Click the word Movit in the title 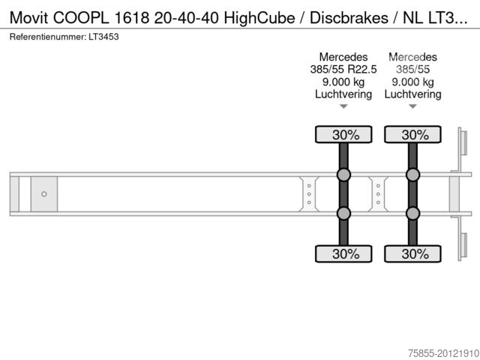pos(28,17)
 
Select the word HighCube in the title pos(259,18)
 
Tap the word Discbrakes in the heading pos(349,18)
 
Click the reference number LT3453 pos(103,37)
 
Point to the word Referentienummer pos(48,37)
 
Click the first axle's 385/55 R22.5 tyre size pos(343,70)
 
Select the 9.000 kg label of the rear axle pos(412,82)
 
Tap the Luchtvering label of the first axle pos(343,94)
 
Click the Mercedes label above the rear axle pos(412,57)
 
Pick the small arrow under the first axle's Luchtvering pos(343,106)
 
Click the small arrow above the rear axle pos(412,106)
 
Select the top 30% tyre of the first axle pos(343,134)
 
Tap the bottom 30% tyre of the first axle pos(343,253)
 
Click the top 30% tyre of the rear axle pos(412,134)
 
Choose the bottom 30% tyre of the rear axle pos(412,253)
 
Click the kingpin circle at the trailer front pos(44,194)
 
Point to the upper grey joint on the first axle pos(343,175)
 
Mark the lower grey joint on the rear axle pos(412,213)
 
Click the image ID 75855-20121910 pos(443,353)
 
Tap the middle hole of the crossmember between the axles pos(378,194)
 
